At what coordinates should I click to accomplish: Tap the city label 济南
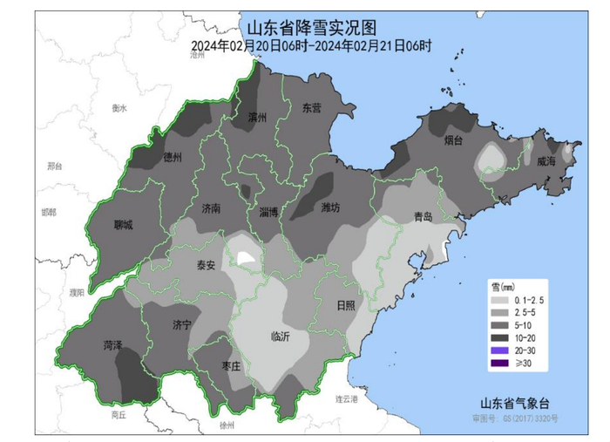[x=211, y=208]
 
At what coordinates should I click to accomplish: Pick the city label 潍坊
[x=330, y=207]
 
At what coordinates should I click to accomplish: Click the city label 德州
[x=173, y=158]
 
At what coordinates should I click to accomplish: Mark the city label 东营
[x=311, y=107]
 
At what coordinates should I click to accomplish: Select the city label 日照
[x=345, y=304]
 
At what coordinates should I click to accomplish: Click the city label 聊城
[x=124, y=225]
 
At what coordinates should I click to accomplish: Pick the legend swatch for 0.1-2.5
[x=500, y=299]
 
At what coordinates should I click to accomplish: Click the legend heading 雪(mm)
[x=500, y=285]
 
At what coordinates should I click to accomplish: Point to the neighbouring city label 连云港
[x=347, y=398]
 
